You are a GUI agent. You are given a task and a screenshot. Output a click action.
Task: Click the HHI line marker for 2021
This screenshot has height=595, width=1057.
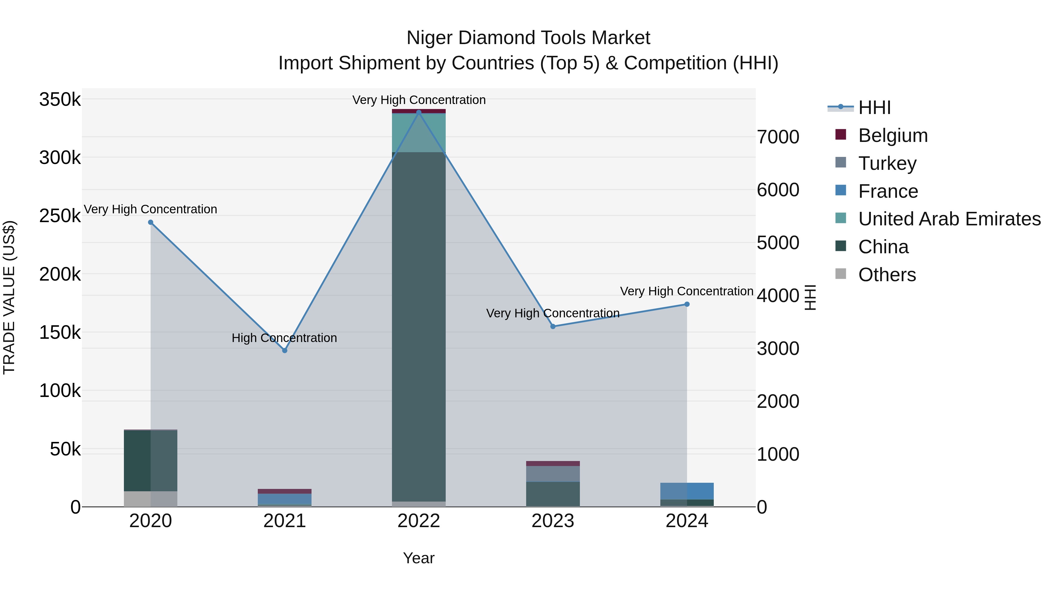tap(285, 350)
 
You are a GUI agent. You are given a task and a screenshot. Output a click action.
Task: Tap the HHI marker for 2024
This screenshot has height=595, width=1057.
tap(687, 304)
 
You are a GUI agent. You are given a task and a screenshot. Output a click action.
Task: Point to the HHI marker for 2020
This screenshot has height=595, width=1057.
tap(151, 222)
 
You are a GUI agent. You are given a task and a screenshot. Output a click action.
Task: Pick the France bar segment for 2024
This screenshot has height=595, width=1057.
tap(687, 491)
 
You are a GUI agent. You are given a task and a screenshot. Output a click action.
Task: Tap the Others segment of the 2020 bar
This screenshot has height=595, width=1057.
tap(151, 499)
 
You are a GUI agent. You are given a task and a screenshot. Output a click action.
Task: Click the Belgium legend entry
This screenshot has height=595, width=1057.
tap(893, 135)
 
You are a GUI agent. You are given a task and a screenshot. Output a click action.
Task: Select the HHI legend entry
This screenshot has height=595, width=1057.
tap(874, 108)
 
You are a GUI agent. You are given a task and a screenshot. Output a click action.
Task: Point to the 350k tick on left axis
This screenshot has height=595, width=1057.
tap(60, 100)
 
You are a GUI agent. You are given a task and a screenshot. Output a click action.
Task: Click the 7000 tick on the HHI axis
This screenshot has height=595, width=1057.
tap(778, 137)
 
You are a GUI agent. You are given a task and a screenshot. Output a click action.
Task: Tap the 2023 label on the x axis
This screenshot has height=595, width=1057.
tap(553, 521)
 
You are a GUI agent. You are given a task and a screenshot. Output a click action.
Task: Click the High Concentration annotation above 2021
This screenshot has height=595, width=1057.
tap(284, 338)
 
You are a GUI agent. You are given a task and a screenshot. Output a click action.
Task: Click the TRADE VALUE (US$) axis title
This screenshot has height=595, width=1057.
tap(9, 297)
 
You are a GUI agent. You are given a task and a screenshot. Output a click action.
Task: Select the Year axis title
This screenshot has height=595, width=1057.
tap(418, 558)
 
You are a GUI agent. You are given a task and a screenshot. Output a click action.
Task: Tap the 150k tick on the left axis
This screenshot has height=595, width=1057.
tap(60, 333)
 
